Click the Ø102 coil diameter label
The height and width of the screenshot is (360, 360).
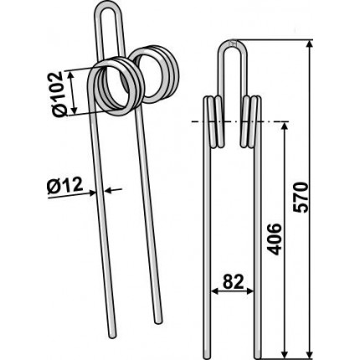point(59,94)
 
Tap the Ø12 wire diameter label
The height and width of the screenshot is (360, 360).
point(65,186)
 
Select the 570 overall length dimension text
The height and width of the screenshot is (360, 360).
point(301,197)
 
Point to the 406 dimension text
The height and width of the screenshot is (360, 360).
point(275,239)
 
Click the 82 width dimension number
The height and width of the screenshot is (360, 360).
point(233,282)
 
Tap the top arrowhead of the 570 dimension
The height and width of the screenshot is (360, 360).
point(309,44)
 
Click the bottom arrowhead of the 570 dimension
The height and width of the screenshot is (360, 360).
point(309,352)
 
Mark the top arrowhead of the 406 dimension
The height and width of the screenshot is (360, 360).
point(284,127)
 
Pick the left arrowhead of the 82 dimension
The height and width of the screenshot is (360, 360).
point(215,291)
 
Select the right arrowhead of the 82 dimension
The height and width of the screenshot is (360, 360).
point(249,291)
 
